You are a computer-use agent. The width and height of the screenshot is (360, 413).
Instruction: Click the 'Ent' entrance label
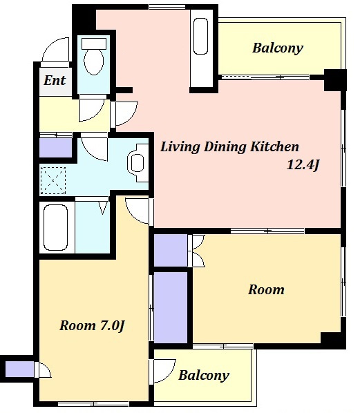pos(55,80)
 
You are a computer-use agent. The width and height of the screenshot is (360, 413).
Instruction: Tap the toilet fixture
pos(93,57)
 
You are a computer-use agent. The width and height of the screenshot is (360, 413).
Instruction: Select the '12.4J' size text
pos(303,165)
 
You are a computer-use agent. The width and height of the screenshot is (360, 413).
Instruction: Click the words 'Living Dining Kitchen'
pos(229,146)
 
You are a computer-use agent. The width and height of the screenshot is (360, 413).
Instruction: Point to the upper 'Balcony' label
pos(278,48)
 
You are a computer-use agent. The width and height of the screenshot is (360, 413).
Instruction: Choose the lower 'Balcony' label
pos(204,375)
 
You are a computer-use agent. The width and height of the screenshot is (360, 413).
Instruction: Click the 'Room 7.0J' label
pos(92,325)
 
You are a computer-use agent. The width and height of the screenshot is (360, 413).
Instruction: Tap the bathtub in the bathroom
pos(56,228)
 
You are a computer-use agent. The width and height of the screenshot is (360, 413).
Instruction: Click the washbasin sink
pos(138,162)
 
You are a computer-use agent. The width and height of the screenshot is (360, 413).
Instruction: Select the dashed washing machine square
pos(53,181)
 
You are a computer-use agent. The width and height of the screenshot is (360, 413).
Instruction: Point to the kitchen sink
pos(200,36)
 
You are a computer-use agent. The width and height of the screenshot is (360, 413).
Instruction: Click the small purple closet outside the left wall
pos(19,369)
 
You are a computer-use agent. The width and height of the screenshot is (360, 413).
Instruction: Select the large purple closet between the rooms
pos(171,307)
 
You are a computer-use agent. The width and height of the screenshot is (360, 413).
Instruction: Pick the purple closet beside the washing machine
pos(55,148)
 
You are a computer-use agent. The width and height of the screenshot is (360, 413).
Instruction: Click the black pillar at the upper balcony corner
pos(335,80)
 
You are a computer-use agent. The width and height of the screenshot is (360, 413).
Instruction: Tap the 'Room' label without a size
pos(266,290)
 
